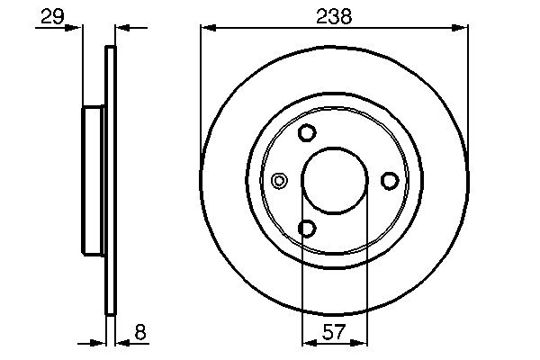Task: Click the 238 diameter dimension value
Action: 334,15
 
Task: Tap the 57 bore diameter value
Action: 334,330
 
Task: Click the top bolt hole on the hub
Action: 307,133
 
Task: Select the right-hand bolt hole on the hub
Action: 390,181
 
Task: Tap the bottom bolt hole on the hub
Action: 307,229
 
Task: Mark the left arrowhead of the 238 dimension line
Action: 206,29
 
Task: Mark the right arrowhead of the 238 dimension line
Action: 462,29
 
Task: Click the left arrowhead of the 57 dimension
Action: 307,343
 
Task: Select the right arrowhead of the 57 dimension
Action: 361,343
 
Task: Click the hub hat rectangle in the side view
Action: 94,180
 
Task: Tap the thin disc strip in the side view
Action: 112,180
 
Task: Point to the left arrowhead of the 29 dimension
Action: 76,29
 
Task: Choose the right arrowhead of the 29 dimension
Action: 122,29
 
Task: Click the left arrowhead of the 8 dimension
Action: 101,343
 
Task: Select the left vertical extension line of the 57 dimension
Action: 301,288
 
